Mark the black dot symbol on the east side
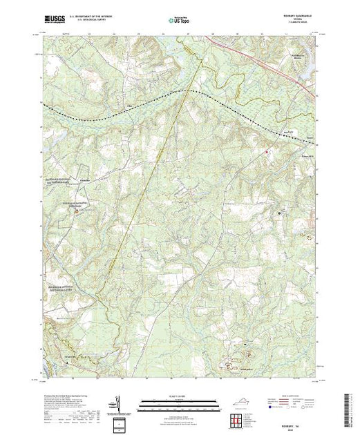coord(279,215)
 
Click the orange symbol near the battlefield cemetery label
coord(75,212)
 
